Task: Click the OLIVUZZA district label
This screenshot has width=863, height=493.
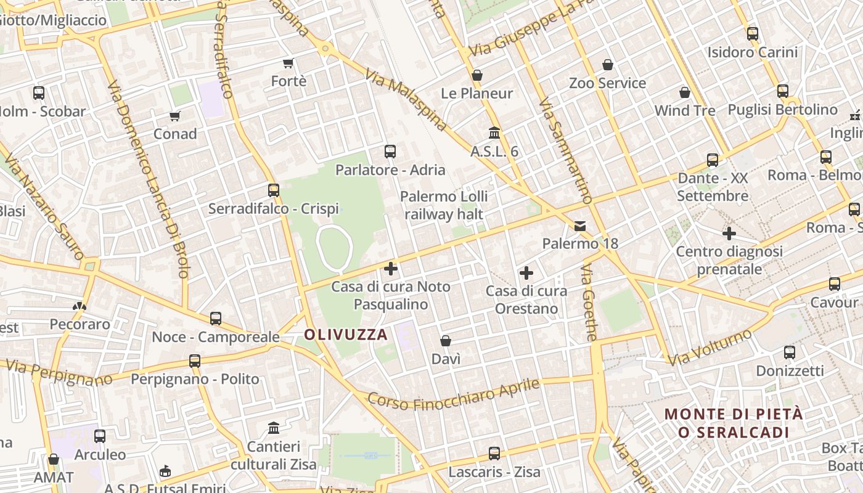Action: [x=346, y=335]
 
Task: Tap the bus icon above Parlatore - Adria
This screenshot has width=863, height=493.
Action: [x=390, y=152]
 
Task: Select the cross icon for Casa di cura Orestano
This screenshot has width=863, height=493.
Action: [x=526, y=272]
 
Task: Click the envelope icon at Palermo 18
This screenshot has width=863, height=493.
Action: [x=580, y=226]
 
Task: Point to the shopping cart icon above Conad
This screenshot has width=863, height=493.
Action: [x=175, y=116]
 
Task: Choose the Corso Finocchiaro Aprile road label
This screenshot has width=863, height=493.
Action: [x=454, y=394]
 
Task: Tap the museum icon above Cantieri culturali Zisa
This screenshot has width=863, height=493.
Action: [x=274, y=428]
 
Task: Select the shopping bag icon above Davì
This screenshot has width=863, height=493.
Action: [x=446, y=341]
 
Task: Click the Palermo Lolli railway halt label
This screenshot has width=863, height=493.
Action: [x=444, y=205]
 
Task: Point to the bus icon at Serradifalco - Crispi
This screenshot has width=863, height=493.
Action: [x=274, y=190]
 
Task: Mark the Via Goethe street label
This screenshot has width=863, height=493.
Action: [x=589, y=303]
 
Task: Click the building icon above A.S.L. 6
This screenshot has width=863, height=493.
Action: [x=494, y=133]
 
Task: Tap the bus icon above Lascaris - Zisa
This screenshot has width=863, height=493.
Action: [x=494, y=454]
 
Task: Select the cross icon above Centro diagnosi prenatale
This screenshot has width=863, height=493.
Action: [x=729, y=234]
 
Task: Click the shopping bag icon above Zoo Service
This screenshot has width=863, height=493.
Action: [x=608, y=65]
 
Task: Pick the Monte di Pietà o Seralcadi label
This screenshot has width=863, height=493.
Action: [x=734, y=423]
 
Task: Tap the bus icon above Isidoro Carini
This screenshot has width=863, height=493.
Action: [x=753, y=34]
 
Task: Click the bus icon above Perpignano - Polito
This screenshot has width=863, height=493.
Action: [x=195, y=361]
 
